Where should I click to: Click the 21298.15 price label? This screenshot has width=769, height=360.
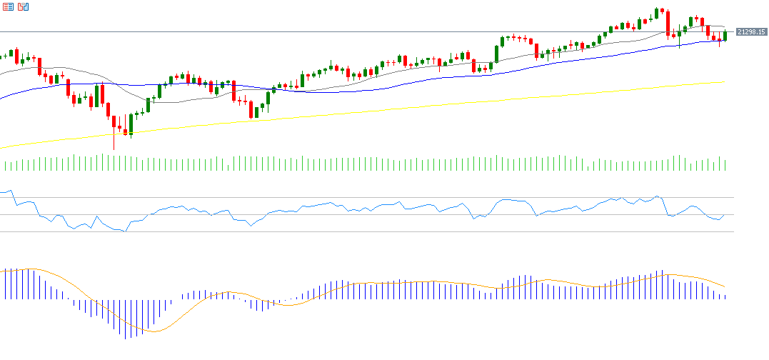tap(751, 32)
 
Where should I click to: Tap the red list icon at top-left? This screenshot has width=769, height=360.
tap(8, 6)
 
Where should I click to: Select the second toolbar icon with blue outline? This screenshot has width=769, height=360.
tap(23, 6)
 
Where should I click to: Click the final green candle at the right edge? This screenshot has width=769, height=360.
tap(725, 35)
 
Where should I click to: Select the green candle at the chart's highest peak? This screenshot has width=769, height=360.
tap(657, 13)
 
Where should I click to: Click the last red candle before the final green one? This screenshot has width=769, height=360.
tap(719, 39)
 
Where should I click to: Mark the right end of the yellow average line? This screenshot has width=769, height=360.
tap(725, 82)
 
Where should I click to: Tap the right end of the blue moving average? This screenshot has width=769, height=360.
tap(725, 40)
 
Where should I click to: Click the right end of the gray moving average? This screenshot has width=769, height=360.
tap(725, 28)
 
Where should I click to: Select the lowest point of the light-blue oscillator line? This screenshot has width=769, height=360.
tap(126, 231)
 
